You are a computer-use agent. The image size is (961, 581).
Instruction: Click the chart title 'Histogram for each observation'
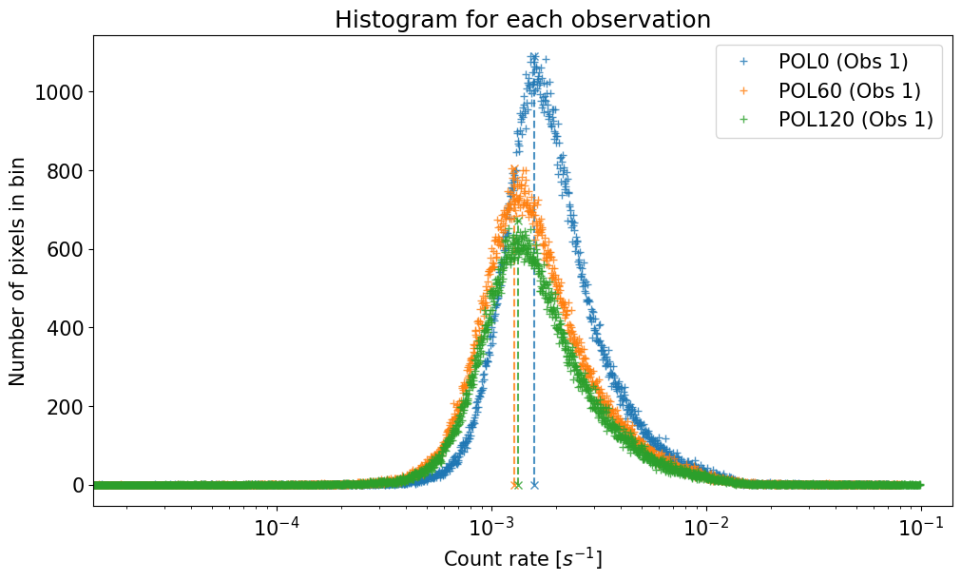pos(523,20)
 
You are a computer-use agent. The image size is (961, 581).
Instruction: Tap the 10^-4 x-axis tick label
pos(276,526)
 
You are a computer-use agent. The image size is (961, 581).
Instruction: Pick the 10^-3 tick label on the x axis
pos(490,526)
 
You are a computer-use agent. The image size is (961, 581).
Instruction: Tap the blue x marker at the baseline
pos(534,485)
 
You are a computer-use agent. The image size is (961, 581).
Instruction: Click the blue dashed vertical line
pos(534,285)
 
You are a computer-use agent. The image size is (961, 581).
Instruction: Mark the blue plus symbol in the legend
pos(744,62)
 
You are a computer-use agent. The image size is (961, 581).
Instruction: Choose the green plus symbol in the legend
pos(744,120)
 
